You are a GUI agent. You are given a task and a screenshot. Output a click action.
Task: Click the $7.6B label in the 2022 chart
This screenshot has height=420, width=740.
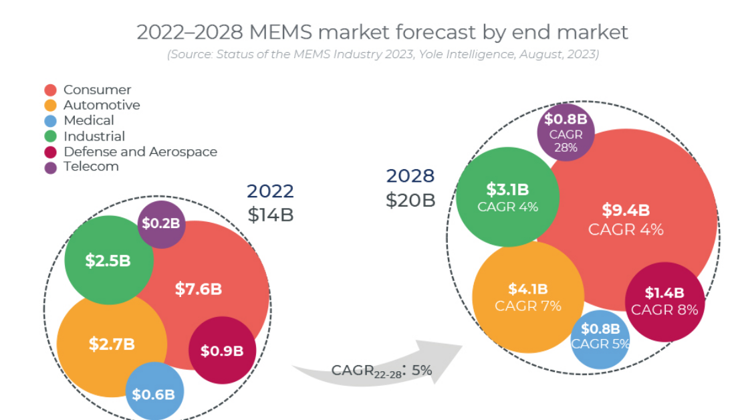199,289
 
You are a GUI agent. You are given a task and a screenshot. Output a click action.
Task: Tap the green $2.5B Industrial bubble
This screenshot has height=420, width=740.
108,260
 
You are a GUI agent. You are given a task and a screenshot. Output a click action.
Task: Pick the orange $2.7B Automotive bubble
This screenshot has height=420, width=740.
112,344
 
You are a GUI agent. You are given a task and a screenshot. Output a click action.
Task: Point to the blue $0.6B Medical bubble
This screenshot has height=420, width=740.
153,394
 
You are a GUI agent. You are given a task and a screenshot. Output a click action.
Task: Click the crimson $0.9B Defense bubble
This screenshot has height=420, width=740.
222,350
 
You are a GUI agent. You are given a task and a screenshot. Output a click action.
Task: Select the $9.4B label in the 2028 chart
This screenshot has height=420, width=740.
626,210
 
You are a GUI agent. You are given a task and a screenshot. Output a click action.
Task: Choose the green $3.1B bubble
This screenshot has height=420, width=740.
508,197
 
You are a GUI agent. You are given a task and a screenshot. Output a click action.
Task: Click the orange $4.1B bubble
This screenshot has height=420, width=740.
527,296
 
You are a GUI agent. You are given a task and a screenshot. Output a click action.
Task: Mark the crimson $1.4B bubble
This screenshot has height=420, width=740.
664,300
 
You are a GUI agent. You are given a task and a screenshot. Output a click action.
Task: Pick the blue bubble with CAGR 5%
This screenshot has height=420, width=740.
600,336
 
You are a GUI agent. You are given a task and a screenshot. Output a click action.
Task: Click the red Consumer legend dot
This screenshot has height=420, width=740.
50,90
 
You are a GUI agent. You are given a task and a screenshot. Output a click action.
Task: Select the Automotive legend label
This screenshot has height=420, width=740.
102,105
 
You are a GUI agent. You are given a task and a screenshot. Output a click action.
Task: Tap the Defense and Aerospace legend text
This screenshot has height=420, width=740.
140,152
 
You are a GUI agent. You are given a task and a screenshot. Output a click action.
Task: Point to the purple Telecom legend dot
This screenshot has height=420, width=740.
50,167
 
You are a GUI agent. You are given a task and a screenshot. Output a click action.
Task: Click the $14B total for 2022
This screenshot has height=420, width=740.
271,215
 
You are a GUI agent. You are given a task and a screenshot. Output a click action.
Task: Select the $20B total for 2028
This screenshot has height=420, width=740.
410,200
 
